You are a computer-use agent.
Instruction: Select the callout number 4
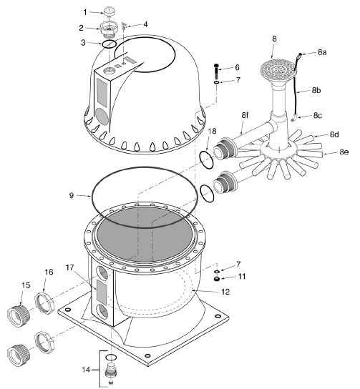pyautogui.click(x=146, y=24)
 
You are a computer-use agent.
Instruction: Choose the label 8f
pyautogui.click(x=245, y=114)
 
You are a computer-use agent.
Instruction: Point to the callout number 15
pyautogui.click(x=26, y=285)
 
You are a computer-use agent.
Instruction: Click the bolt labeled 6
pyautogui.click(x=215, y=72)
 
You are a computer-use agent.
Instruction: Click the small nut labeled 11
pyautogui.click(x=218, y=279)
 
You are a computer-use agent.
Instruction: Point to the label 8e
pyautogui.click(x=344, y=152)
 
